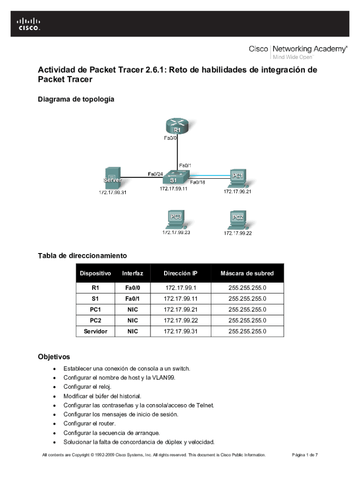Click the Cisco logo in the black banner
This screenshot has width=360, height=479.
(29, 23)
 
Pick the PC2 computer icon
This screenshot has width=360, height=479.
(238, 219)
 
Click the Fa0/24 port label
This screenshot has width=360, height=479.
(155, 174)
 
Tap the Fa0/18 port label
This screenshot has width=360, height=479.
(198, 182)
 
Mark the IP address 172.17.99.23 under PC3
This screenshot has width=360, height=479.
(176, 232)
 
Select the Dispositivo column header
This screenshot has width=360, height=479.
(95, 273)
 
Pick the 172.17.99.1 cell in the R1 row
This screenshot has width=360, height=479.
(180, 288)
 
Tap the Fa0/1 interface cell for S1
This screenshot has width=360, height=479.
(133, 298)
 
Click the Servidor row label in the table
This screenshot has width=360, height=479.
(95, 331)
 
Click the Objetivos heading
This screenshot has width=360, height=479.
(54, 356)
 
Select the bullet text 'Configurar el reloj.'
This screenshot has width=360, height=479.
(87, 387)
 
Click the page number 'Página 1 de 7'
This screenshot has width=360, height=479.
(305, 455)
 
